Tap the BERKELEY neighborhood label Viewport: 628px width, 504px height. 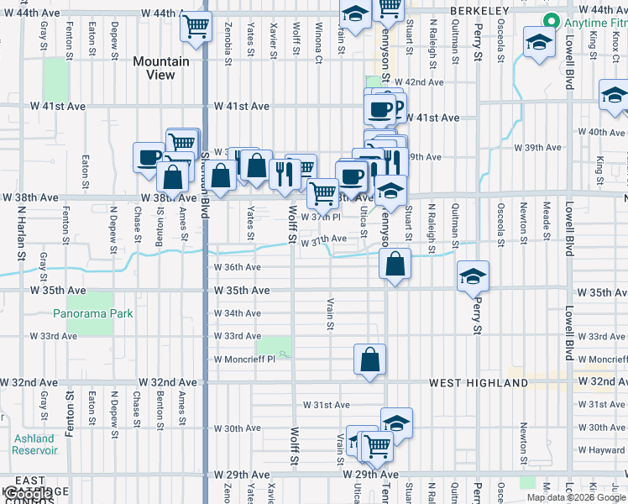coord(479,10)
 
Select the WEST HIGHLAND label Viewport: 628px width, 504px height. coord(479,383)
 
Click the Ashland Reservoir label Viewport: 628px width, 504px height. coord(34,444)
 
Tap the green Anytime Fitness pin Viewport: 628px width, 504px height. coord(552,21)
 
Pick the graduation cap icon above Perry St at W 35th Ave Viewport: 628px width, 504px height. coord(474,276)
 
